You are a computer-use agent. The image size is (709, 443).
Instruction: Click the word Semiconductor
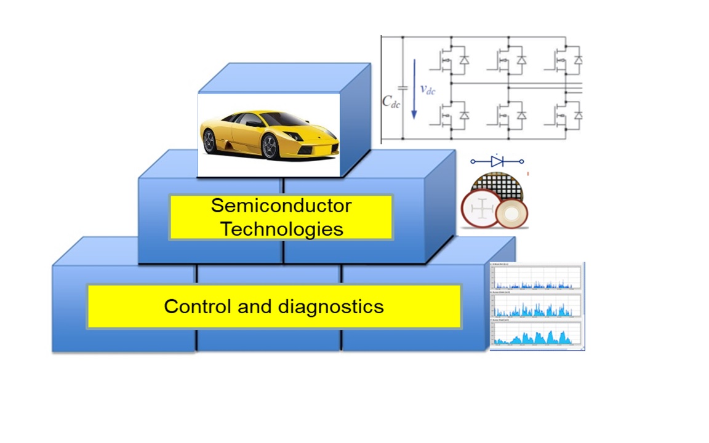281,206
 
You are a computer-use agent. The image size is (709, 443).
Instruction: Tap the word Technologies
281,229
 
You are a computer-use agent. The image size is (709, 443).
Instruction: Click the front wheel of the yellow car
270,146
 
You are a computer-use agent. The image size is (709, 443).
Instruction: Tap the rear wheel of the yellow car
209,141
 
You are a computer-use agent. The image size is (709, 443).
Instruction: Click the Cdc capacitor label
391,102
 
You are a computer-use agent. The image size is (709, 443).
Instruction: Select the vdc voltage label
427,89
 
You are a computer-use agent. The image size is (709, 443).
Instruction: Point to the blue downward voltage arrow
414,90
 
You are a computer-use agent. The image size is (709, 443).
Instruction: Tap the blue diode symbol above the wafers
497,162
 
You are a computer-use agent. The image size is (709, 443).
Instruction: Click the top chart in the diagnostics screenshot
537,276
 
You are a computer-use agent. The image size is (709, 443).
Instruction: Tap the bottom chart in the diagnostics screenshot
537,334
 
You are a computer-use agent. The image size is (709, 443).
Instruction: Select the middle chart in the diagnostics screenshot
537,305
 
